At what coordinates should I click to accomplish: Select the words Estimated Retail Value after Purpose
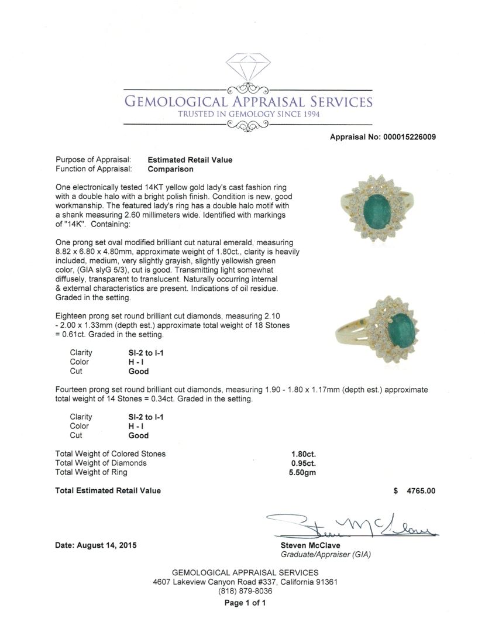pos(190,160)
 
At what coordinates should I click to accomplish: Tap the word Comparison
pos(170,169)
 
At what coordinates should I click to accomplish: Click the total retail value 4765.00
pos(421,491)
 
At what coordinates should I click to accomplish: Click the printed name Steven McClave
pos(310,545)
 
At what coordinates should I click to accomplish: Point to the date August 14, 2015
pos(96,545)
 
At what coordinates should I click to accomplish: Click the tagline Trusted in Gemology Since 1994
pos(249,114)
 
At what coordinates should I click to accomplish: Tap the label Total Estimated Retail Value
pos(108,490)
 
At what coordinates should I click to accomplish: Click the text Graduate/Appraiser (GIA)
pos(326,554)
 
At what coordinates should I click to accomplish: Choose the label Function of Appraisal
pos(93,169)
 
